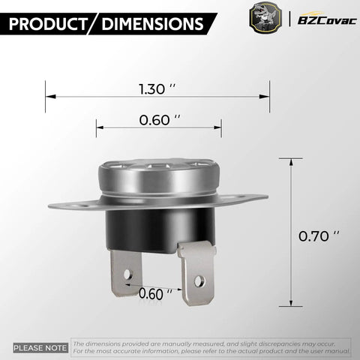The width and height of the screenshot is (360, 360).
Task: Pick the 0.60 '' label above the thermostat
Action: (x=160, y=118)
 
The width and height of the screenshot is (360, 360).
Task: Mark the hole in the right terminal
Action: (x=199, y=280)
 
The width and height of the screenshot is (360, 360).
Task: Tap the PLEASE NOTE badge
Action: (x=40, y=347)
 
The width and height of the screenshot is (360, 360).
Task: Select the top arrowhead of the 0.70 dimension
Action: (x=291, y=160)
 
